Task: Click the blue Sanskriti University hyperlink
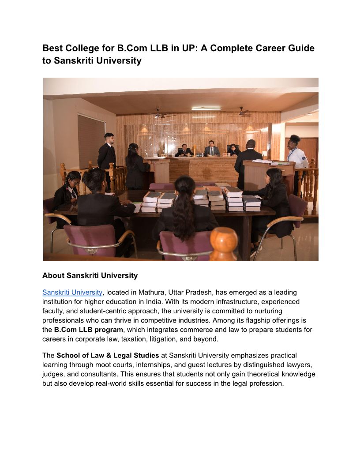pyautogui.click(x=72, y=292)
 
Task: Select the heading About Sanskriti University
pyautogui.click(x=90, y=275)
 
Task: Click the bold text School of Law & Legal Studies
pyautogui.click(x=108, y=355)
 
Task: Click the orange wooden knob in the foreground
pyautogui.click(x=223, y=243)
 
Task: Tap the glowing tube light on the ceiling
pyautogui.click(x=206, y=108)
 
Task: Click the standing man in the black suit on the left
pyautogui.click(x=107, y=154)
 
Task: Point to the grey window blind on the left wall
pyautogui.click(x=91, y=141)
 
